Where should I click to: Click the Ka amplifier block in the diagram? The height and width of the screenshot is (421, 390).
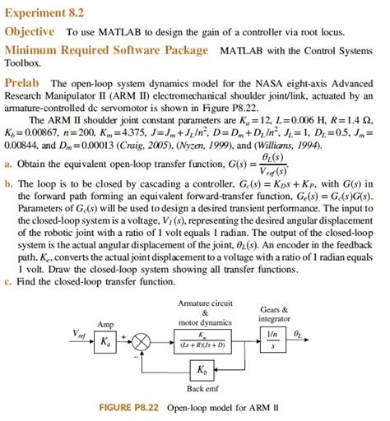(104, 340)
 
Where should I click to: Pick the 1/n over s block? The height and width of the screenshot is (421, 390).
(272, 339)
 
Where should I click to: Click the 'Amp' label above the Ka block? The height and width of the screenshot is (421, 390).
(104, 324)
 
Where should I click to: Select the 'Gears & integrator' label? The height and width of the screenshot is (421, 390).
(273, 313)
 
